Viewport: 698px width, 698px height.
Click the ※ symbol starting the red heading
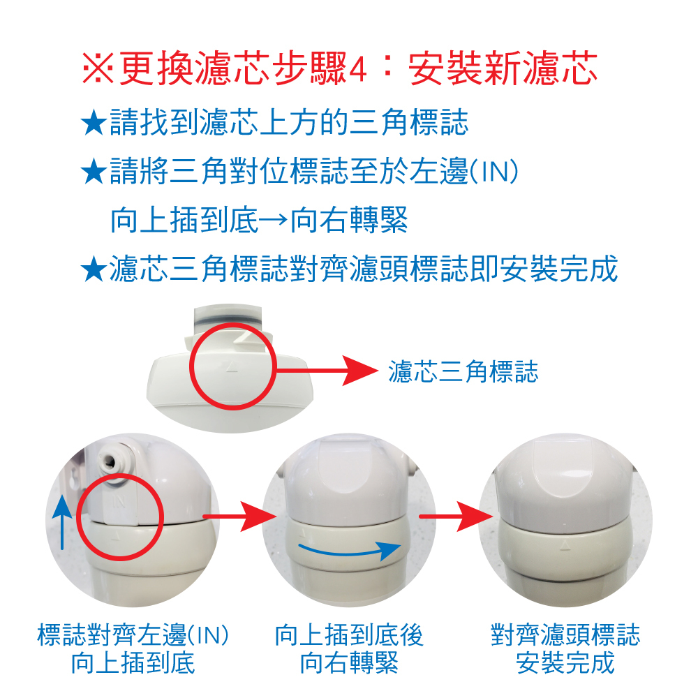(x=98, y=68)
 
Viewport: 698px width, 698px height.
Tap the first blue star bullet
(x=94, y=122)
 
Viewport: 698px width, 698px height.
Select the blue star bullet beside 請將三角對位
(x=94, y=172)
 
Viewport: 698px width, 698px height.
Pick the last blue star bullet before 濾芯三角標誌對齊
(x=94, y=269)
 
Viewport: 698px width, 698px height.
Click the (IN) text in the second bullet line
(x=494, y=172)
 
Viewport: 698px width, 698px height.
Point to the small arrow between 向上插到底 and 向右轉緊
(x=273, y=220)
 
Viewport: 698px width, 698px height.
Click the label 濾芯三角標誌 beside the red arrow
(x=463, y=371)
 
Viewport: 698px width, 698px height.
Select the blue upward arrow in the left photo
(x=62, y=523)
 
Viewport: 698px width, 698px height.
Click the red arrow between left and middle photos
(x=239, y=517)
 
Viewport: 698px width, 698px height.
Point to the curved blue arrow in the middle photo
(x=350, y=551)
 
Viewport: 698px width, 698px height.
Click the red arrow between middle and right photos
(x=456, y=517)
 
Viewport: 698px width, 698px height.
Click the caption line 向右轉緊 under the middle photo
(x=350, y=663)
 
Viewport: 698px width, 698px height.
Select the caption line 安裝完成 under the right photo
(x=565, y=663)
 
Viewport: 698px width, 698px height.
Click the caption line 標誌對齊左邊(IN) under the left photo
(x=133, y=634)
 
